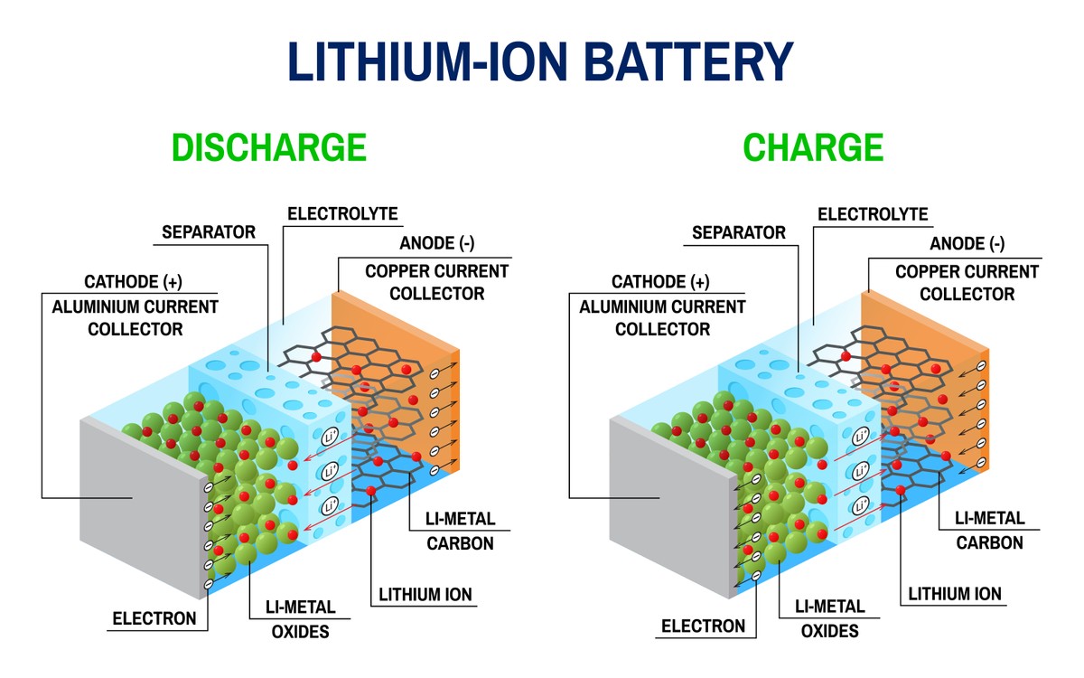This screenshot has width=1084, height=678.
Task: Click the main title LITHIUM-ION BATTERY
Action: (x=540, y=61)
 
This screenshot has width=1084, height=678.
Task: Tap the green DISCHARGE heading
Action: (x=269, y=147)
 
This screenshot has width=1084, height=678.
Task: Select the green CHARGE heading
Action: (x=813, y=147)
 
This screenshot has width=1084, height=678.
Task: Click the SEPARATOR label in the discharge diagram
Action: (x=209, y=232)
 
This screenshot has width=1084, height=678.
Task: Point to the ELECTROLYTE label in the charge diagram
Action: (x=873, y=214)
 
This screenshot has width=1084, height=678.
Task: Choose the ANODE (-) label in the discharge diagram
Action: (x=437, y=243)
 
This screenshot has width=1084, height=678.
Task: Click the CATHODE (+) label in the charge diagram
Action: (x=660, y=282)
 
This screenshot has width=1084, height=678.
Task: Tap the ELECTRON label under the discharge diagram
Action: (x=154, y=618)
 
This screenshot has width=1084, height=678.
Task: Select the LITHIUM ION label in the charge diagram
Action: (x=954, y=594)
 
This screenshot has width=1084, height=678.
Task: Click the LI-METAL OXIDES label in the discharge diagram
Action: (x=300, y=619)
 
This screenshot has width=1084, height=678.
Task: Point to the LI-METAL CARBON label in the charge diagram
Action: (x=990, y=531)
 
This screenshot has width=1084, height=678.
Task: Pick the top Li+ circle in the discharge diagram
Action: (x=330, y=438)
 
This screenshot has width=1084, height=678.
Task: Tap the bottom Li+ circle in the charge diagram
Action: (x=860, y=506)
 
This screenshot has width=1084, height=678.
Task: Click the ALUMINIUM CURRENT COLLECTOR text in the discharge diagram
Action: (x=135, y=318)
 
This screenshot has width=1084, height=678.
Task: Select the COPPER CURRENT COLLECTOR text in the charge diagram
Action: (x=967, y=283)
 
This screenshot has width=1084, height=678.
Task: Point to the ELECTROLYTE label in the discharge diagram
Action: (x=342, y=213)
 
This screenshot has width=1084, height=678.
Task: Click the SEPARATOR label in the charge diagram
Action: (x=739, y=232)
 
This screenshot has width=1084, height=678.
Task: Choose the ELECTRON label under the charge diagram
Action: (x=703, y=626)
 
